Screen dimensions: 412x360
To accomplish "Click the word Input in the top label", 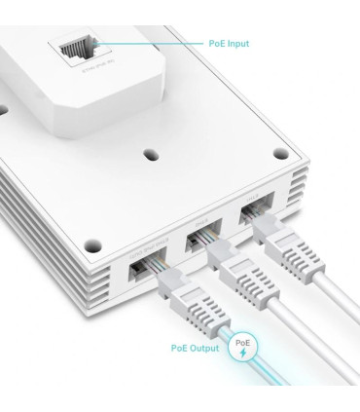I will pyautogui.click(x=235, y=44).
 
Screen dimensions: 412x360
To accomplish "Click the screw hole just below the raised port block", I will pyautogui.click(x=151, y=153).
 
